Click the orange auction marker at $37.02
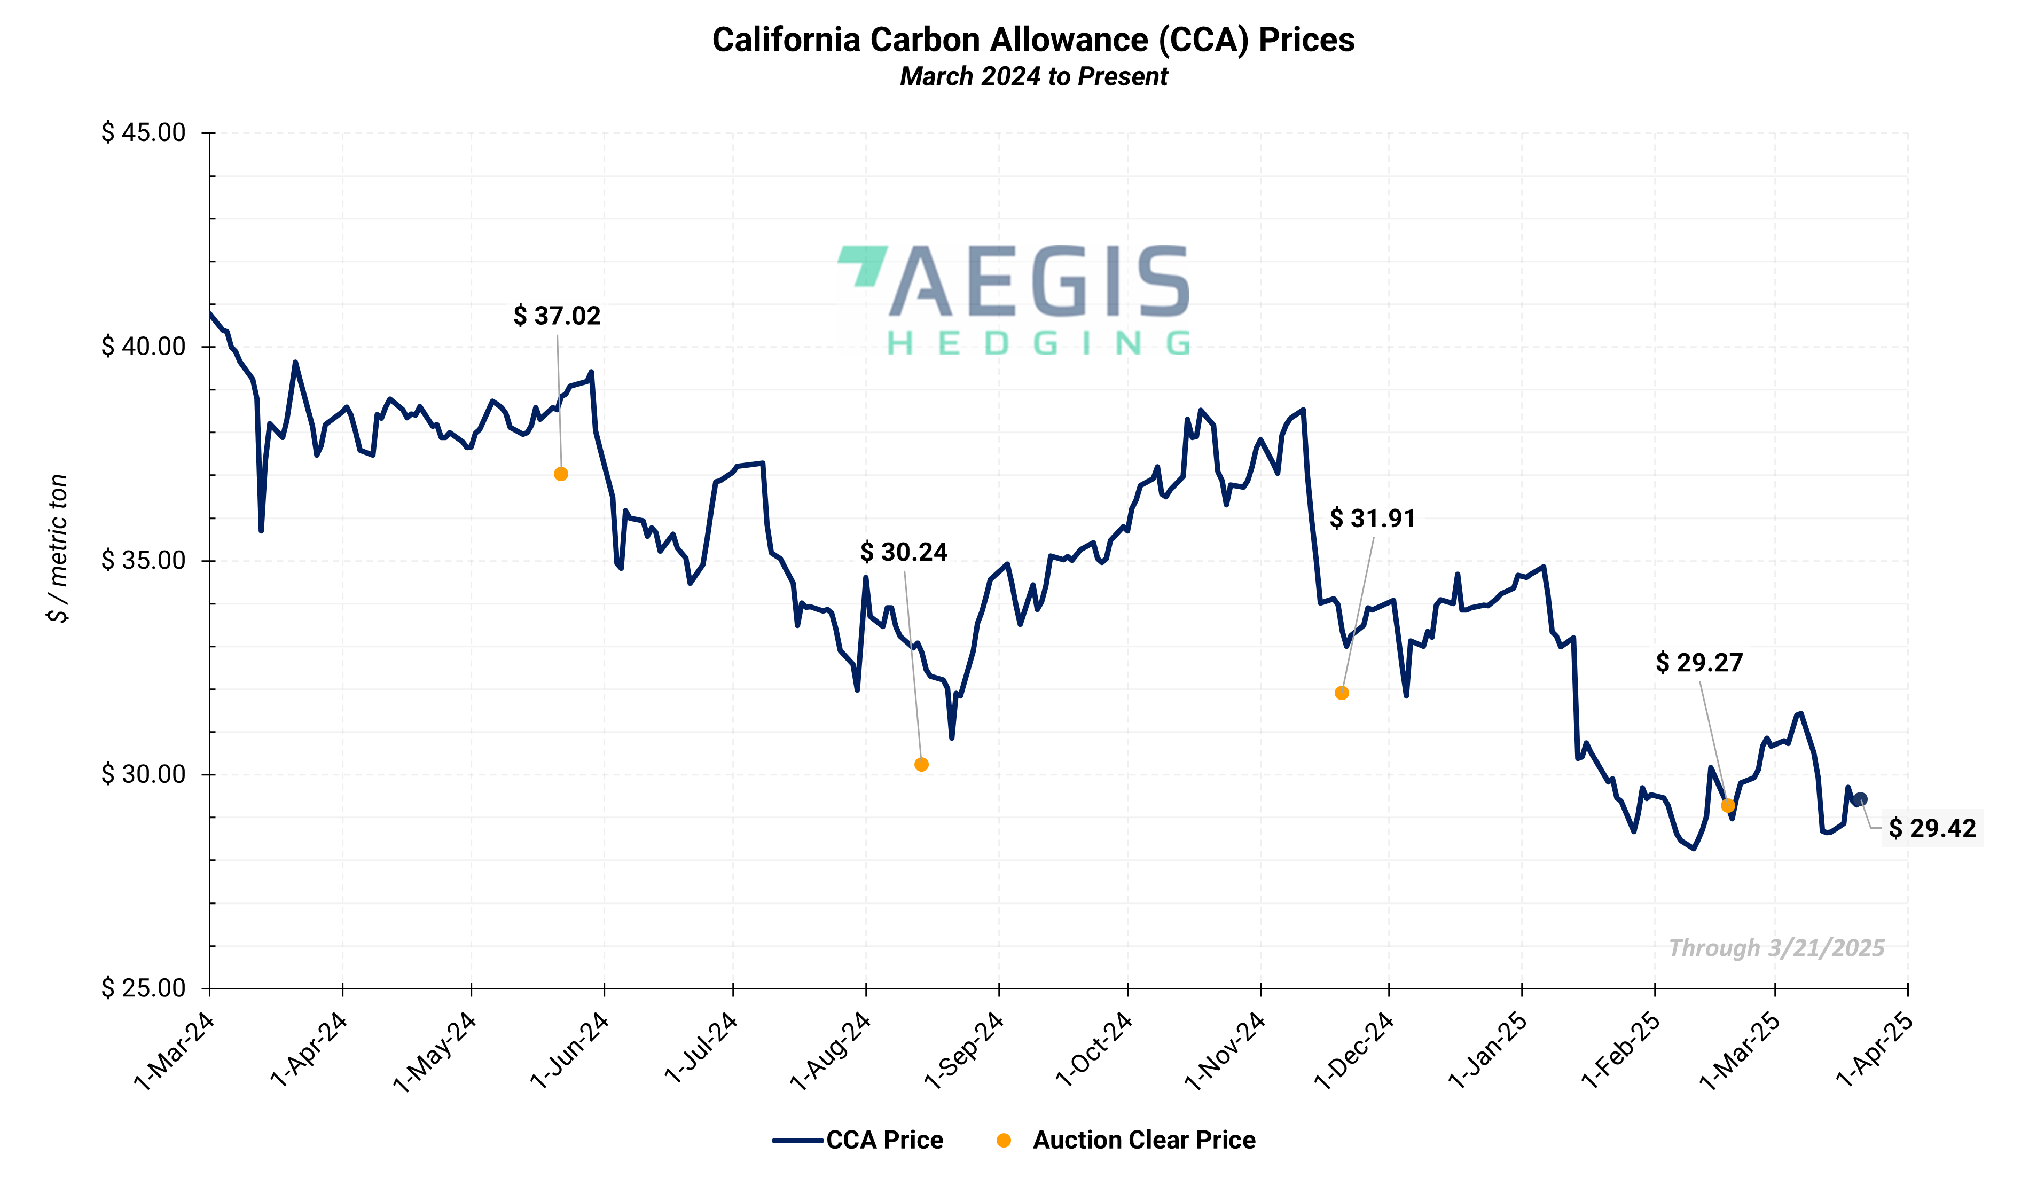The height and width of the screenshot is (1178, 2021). pos(561,474)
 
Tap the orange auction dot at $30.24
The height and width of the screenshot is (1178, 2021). pos(921,764)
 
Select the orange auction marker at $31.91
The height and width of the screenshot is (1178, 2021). pos(1342,693)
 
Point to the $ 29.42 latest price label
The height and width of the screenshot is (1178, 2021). pos(1931,828)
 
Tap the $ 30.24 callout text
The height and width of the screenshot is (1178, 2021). pos(904,552)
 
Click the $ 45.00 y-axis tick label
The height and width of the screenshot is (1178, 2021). pos(144,132)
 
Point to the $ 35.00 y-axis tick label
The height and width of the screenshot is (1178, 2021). pos(144,560)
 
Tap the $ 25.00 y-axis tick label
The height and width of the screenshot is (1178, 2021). pos(144,987)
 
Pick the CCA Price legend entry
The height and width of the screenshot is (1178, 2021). pos(858,1140)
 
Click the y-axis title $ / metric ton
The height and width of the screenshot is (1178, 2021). pos(58,548)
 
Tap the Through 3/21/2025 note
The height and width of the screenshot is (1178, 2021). pos(1776,948)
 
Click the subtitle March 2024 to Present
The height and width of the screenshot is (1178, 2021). pos(1034,76)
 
